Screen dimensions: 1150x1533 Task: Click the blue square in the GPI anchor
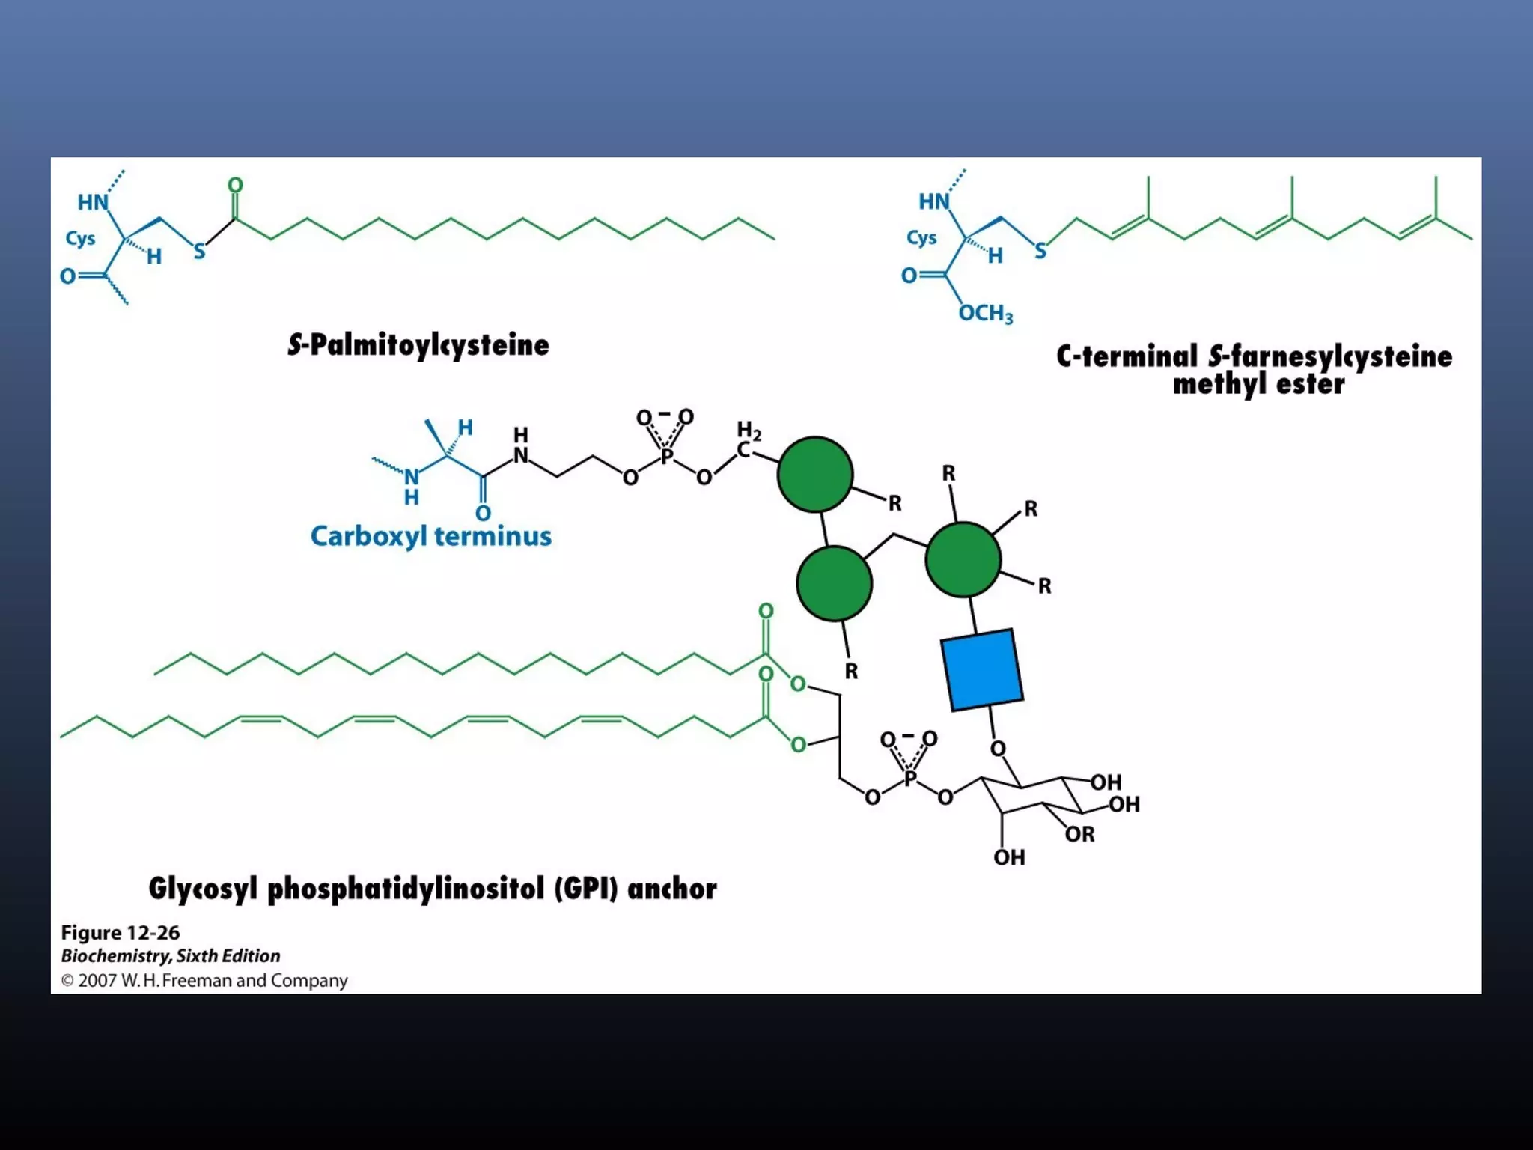pos(981,670)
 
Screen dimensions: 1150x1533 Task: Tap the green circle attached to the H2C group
pos(814,475)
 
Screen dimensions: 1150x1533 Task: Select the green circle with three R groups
pos(963,559)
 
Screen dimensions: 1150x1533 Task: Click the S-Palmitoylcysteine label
pos(418,345)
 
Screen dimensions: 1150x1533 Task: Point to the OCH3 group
pos(985,313)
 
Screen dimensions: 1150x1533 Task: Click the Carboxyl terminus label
pos(431,536)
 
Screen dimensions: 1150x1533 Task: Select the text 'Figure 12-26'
pos(121,933)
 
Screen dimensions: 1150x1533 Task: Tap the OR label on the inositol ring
pos(1079,834)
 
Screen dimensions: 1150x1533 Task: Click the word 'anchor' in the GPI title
pos(671,889)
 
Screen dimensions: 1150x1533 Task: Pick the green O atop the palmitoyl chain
pos(235,185)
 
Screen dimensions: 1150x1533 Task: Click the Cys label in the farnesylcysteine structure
pos(921,238)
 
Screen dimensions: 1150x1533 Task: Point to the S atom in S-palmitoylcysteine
pos(199,251)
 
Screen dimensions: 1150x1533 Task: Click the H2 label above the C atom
pos(749,431)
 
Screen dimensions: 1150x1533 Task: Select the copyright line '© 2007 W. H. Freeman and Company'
pos(204,981)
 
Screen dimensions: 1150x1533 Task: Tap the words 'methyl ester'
pos(1258,385)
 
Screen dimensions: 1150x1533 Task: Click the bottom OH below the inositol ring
pos(1009,857)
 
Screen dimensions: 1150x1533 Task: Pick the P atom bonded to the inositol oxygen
pos(910,779)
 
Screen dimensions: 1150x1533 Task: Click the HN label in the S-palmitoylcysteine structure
pos(94,202)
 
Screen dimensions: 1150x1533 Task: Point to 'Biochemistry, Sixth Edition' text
pos(171,956)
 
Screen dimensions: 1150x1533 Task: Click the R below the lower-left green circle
pos(851,672)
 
